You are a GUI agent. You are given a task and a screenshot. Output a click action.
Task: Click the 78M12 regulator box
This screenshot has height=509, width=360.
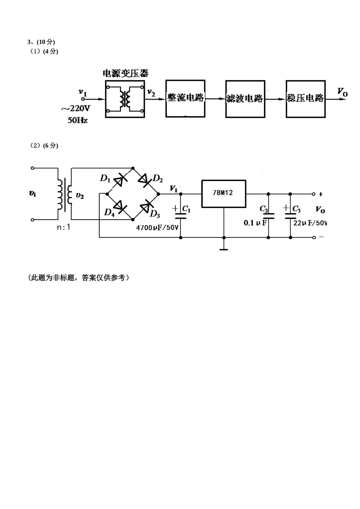point(223,194)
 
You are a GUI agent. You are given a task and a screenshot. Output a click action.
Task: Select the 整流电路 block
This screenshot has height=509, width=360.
point(185,98)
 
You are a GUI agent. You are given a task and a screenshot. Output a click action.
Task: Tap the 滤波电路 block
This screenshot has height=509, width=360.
point(245,99)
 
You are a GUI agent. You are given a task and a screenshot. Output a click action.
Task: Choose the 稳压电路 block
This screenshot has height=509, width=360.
point(305,99)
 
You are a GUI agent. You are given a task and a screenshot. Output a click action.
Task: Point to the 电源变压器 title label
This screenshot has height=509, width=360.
point(125,73)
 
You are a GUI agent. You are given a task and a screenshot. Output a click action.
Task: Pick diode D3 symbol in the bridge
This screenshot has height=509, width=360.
point(146,207)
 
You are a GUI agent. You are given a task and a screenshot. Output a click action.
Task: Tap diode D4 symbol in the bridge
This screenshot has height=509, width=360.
point(120,207)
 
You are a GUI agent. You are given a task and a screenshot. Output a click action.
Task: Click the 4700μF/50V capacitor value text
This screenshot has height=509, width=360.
point(157,228)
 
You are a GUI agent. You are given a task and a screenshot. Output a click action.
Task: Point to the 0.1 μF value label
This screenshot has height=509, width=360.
point(255,223)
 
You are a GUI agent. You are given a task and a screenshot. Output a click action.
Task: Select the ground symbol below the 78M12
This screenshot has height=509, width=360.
point(224,249)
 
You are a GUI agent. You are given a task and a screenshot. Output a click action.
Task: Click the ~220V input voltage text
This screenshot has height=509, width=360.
point(76,109)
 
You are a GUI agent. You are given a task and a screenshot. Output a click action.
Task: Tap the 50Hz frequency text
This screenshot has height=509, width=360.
point(77,121)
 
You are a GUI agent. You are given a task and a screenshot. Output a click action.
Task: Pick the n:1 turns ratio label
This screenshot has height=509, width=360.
point(63,227)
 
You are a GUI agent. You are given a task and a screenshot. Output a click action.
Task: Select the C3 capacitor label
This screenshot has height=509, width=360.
point(296,209)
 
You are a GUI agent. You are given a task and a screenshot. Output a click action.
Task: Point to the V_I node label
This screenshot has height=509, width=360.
point(174,188)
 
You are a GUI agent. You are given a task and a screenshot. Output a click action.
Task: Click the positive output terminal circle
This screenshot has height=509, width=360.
point(313,194)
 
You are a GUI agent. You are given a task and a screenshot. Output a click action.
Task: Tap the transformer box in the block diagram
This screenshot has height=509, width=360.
point(125,98)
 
